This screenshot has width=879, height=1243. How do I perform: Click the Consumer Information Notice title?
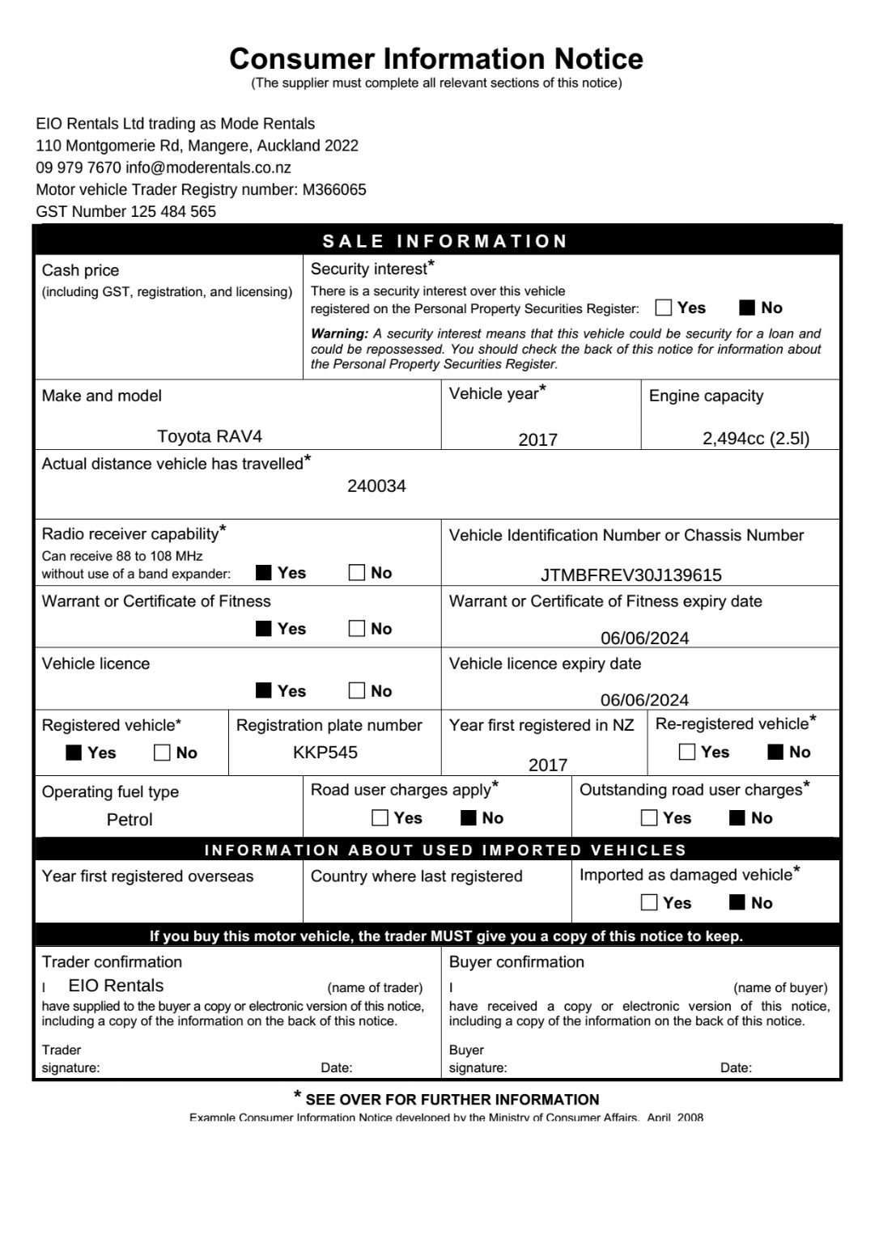coord(436,59)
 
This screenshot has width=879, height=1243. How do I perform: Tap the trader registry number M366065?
coord(334,189)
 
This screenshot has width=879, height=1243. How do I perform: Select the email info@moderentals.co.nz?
coord(208,168)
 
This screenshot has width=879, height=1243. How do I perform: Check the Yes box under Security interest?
coord(664,308)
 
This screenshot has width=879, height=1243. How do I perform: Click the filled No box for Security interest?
coord(747,308)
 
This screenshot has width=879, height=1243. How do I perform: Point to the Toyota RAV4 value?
coord(210,436)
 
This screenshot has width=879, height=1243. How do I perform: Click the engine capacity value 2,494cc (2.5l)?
coord(756,438)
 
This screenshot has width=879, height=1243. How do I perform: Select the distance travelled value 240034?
coord(376,486)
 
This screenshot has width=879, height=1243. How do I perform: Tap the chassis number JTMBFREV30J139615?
coord(631,575)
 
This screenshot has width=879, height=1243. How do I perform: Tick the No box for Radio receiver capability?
coord(357,573)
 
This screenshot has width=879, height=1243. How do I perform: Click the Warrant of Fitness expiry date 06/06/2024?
coord(645,638)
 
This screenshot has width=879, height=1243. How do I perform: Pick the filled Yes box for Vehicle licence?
coord(264,691)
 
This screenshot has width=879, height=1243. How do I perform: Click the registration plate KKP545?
coord(325,752)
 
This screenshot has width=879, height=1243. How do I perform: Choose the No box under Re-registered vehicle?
coord(775,752)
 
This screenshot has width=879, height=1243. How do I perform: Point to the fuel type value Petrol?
coord(130,820)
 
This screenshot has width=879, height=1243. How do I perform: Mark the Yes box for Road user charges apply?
coord(380,818)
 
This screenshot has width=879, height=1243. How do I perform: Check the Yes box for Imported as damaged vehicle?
coord(649,903)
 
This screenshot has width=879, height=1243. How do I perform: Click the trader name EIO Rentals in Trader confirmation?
coord(116,986)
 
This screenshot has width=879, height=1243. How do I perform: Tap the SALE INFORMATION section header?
coord(445,241)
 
